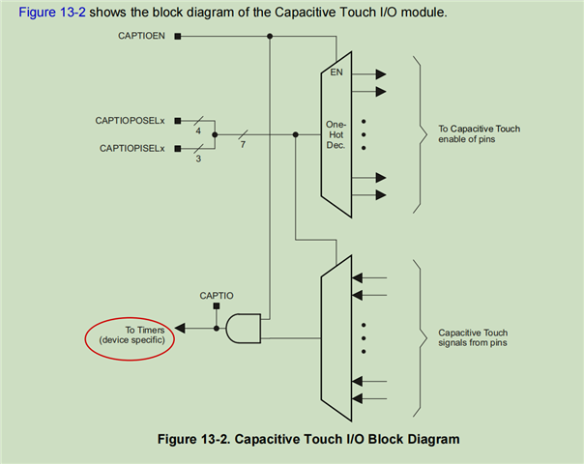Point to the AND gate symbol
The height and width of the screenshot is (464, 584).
click(x=243, y=329)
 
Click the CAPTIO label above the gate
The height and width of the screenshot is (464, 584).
click(x=216, y=294)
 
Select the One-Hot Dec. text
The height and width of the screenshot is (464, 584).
click(x=336, y=134)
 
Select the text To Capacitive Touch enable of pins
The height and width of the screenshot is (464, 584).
click(x=479, y=133)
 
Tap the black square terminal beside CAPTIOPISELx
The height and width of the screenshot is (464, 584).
click(x=179, y=148)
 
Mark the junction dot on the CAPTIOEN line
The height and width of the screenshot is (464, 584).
click(x=269, y=38)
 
